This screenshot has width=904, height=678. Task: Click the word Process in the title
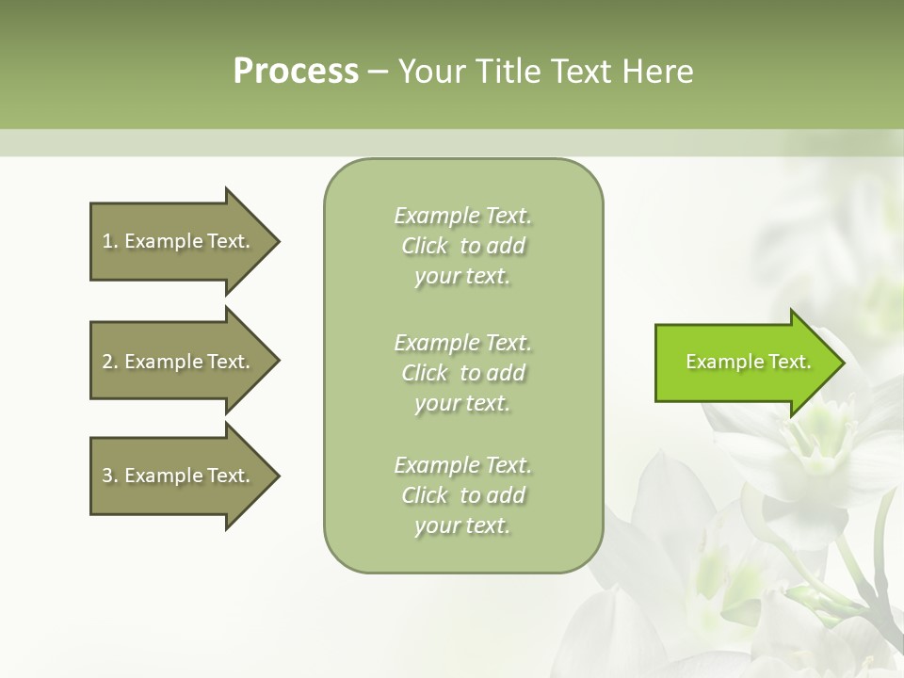click(296, 72)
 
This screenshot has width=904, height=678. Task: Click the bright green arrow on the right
click(744, 362)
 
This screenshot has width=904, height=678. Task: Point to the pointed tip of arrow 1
click(277, 241)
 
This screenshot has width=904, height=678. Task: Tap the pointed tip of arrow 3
click(277, 476)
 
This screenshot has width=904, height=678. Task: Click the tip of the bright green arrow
click(842, 363)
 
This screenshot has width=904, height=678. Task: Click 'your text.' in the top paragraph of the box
click(462, 277)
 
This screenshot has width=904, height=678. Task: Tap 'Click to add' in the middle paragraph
click(462, 373)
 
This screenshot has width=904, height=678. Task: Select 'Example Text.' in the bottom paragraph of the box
click(462, 465)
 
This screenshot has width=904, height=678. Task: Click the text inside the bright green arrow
click(748, 362)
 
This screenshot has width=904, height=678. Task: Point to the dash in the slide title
click(378, 72)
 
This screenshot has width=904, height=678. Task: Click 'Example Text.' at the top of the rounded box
click(462, 216)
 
